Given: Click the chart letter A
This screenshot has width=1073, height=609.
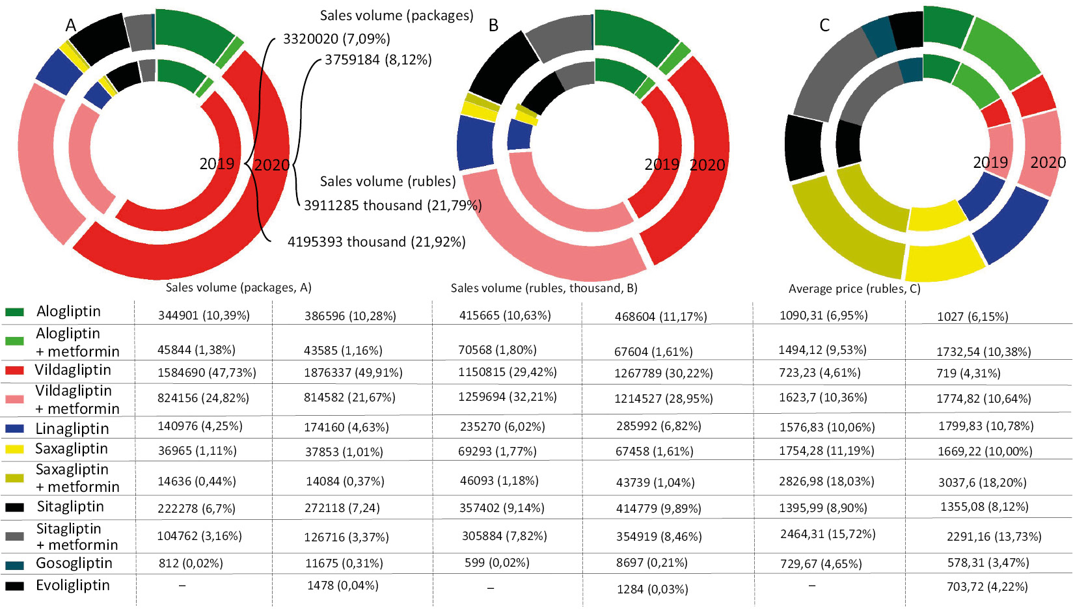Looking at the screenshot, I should tap(71, 25).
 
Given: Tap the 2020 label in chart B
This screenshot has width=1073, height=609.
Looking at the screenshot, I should tap(707, 165).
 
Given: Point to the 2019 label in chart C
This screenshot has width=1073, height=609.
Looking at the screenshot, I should tap(990, 163).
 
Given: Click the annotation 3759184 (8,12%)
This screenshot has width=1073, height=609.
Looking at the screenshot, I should tap(378, 60).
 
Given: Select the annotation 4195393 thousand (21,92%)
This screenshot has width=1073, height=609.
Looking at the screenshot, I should tap(376, 242).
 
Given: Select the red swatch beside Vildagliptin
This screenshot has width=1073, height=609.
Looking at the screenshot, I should tap(14, 371).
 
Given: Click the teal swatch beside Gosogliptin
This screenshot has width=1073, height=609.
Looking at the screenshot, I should tap(14, 565).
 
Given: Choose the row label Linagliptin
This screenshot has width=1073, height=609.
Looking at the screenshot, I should tap(72, 429).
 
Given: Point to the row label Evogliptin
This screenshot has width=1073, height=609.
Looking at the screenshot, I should tap(72, 586).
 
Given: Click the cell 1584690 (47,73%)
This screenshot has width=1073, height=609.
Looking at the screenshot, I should tap(206, 373).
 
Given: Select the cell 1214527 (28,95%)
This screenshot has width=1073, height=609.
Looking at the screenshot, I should tap(663, 398).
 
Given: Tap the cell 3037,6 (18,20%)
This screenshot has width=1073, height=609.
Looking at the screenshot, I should tap(982, 483).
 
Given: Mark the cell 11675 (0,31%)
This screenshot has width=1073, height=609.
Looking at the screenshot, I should tap(344, 563).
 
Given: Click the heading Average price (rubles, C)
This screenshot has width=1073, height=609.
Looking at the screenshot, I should tap(854, 289).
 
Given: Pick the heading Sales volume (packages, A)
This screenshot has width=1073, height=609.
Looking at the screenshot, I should tap(238, 288).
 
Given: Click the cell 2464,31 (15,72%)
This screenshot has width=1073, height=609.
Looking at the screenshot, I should tap(828, 534).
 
